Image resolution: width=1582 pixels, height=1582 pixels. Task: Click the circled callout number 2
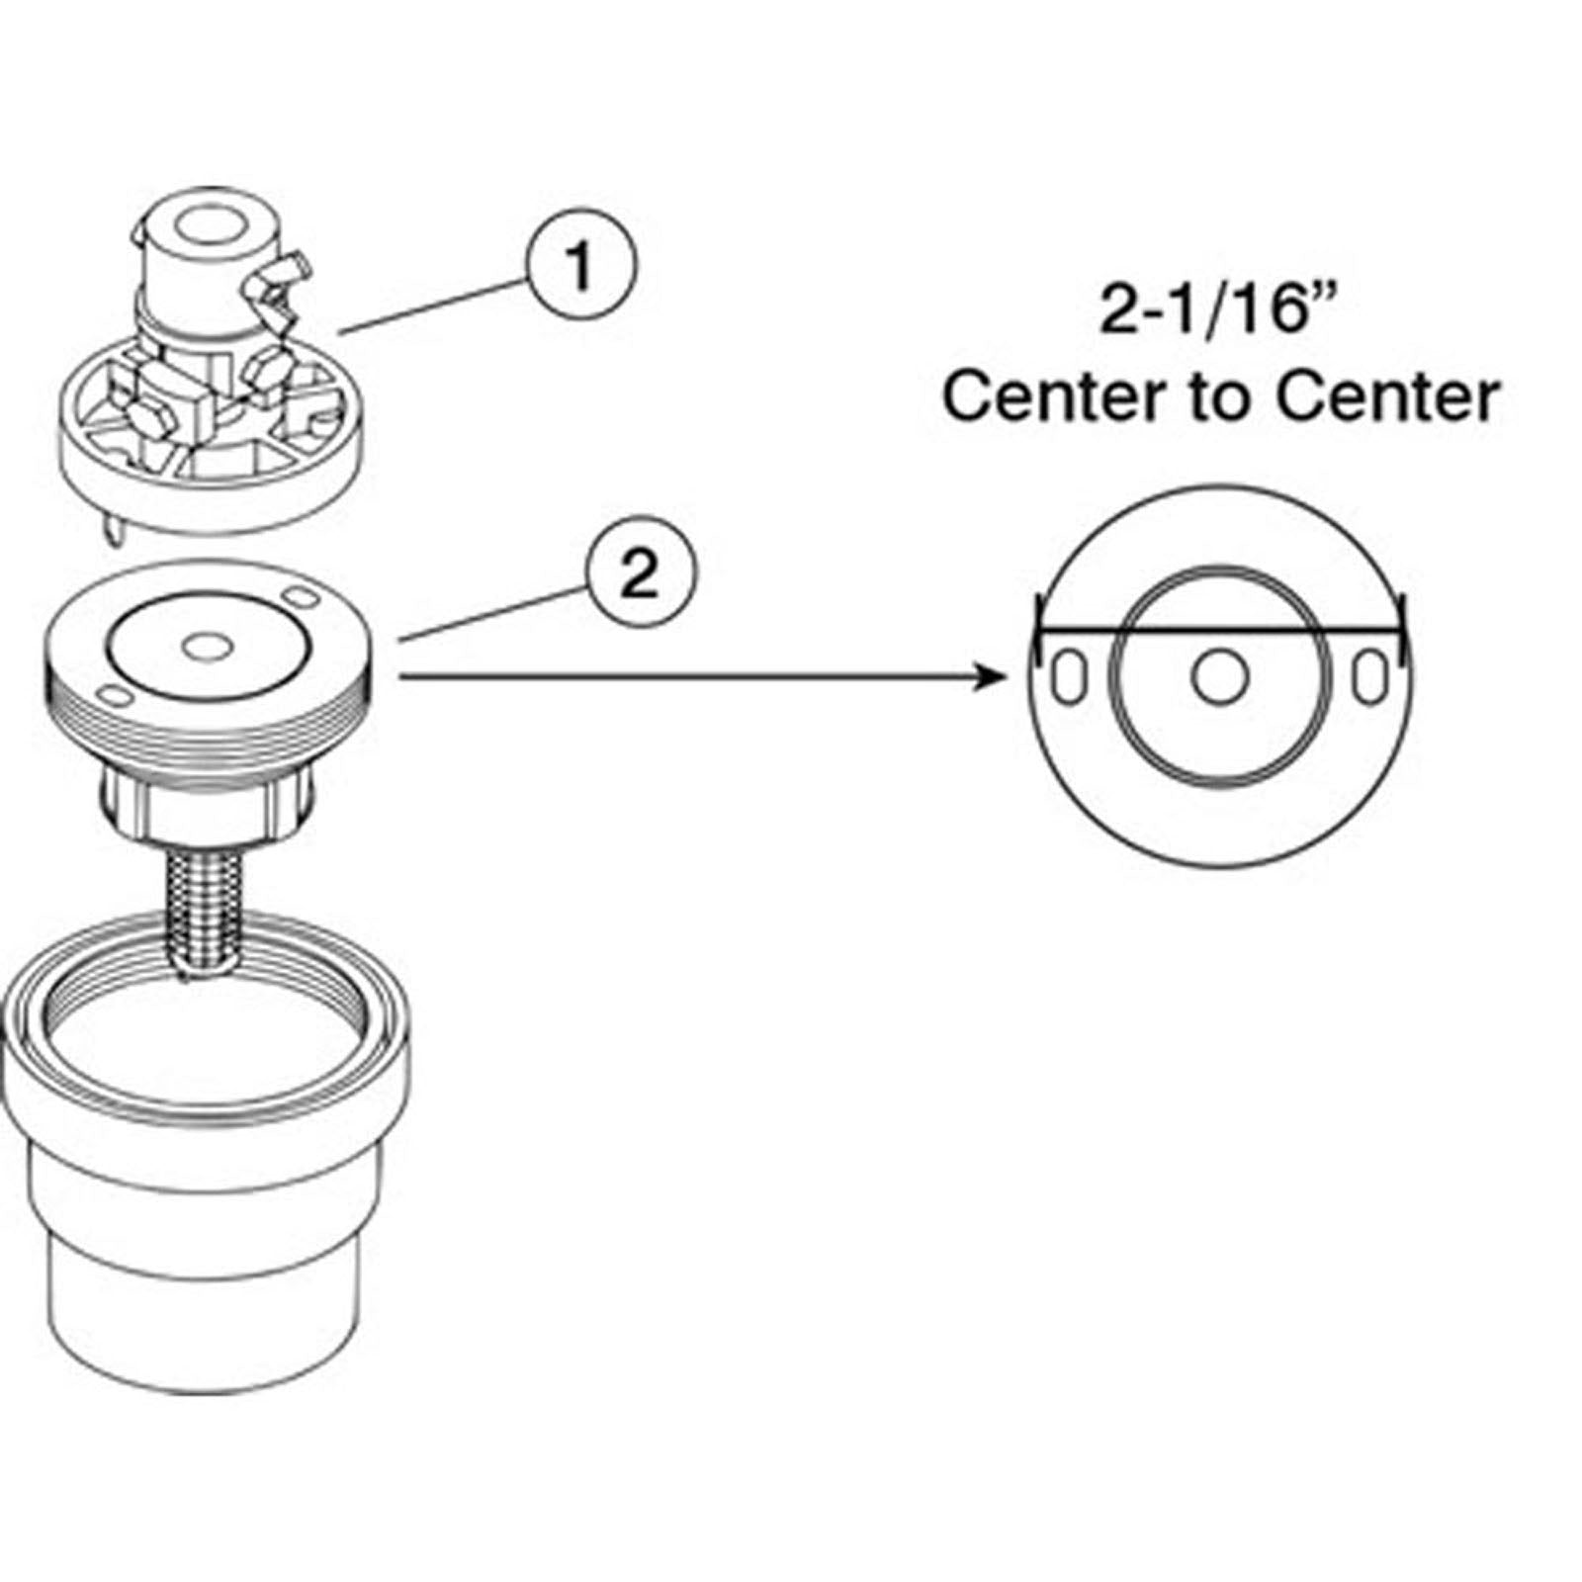pos(641,573)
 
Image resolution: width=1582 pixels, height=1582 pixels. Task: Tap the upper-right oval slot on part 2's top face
pos(300,598)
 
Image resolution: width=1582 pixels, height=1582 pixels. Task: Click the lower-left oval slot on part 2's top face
pos(116,697)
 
